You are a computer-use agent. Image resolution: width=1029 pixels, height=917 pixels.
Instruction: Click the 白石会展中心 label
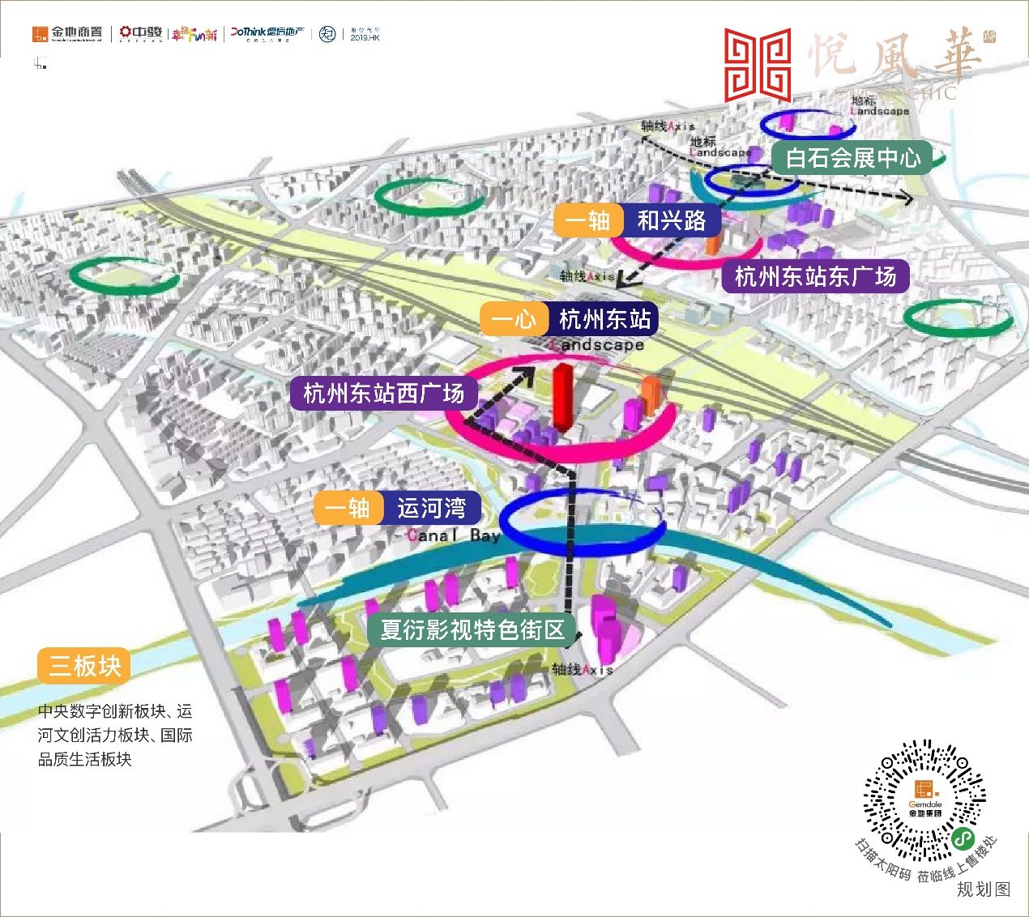point(852,158)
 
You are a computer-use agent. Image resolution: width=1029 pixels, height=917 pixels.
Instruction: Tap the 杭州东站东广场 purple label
point(815,277)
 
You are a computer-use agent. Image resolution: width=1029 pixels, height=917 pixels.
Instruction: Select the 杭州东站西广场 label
point(383,394)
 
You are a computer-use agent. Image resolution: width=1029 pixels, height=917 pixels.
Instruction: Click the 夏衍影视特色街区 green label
point(472,629)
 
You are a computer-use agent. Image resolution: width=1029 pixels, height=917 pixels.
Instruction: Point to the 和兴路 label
point(672,220)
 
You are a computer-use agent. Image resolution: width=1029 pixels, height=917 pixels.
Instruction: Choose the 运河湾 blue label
point(431,508)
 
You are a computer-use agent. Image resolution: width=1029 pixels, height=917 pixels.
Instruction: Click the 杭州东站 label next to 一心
point(604,319)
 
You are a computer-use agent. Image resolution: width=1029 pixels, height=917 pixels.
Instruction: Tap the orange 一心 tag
point(514,319)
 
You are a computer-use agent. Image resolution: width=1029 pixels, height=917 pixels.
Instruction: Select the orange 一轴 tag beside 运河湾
point(348,508)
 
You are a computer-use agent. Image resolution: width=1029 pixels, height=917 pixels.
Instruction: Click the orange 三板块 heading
point(84,666)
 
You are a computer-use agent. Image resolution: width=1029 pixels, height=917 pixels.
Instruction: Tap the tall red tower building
point(561,395)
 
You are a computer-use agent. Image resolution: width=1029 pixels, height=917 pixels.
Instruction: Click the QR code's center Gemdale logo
point(924,799)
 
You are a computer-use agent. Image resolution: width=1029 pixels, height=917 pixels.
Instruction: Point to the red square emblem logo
point(757,65)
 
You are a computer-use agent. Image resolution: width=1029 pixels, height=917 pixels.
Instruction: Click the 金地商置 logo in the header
point(68,33)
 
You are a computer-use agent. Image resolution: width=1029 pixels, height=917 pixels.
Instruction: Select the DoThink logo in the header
point(267,33)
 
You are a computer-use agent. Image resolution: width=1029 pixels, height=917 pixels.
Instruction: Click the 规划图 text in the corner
point(984,889)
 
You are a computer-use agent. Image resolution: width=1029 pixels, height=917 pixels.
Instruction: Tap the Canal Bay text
point(454,535)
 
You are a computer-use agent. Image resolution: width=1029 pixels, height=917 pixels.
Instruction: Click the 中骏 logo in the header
point(141,33)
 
